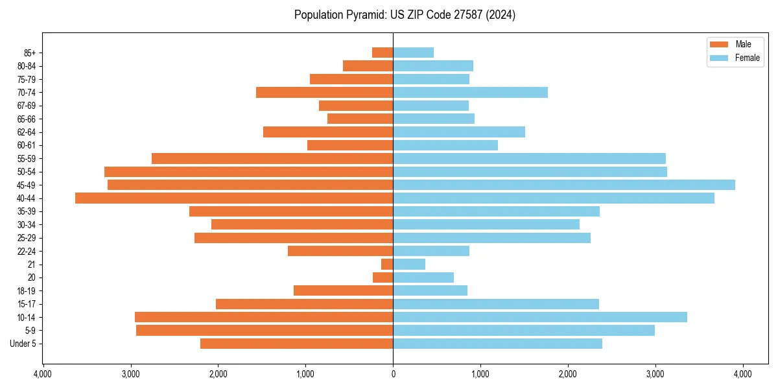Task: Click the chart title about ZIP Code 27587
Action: point(405,15)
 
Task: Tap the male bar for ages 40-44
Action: point(234,198)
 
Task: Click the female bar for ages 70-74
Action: point(470,92)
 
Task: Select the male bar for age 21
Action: point(387,264)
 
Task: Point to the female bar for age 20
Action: point(423,277)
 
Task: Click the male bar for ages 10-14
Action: point(264,317)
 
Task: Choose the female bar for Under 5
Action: point(497,344)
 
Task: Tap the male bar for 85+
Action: point(383,53)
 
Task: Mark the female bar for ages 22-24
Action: point(431,251)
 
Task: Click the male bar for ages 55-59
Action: point(272,158)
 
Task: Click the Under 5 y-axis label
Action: point(23,344)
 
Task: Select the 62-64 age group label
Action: point(25,132)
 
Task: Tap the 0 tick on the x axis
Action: point(393,373)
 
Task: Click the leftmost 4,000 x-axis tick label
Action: point(43,373)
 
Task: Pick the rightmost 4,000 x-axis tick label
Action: point(742,373)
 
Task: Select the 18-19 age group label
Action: point(25,290)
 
